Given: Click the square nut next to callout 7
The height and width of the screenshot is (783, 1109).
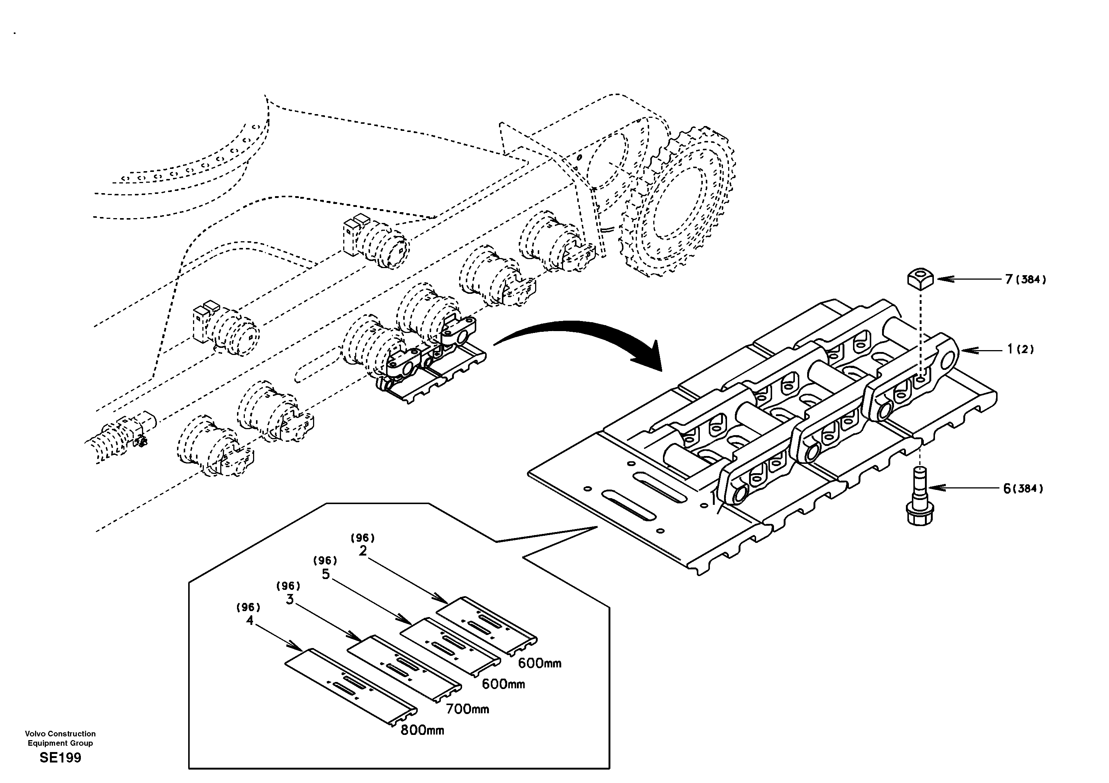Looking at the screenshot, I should pos(920,279).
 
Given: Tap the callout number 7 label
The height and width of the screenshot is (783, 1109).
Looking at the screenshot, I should pos(1008,279).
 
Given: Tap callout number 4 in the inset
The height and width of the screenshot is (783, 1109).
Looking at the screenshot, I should pos(249,620).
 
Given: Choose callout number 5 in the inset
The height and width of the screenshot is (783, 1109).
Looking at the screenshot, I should pos(326,575).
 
